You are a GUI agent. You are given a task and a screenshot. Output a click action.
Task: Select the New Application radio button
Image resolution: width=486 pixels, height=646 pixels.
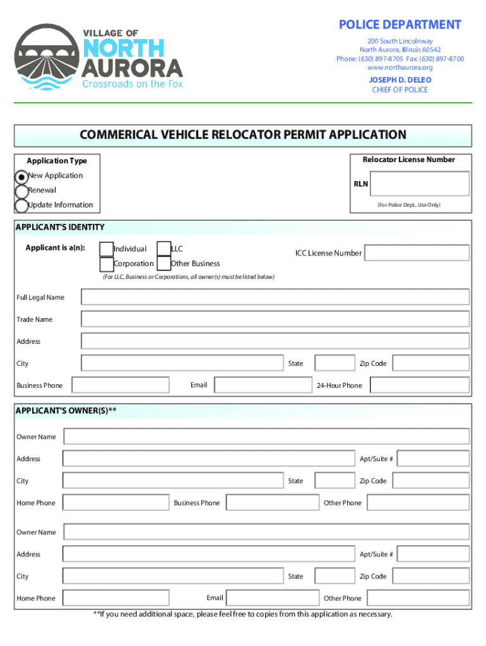coord(21,177)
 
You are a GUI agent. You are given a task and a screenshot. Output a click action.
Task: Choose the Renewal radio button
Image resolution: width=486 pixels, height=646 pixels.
coord(21,191)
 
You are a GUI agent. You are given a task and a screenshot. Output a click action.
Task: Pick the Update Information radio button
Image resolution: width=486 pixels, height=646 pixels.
coord(21,206)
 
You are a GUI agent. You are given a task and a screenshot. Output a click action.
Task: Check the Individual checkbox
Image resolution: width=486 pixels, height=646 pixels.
coord(107,250)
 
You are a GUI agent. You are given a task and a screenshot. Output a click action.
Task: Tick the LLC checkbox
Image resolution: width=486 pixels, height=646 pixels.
coord(163,250)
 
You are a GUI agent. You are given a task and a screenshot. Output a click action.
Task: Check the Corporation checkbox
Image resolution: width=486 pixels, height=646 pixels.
coord(107,264)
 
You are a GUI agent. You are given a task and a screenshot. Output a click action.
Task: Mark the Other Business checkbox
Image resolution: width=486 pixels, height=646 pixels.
coord(163,264)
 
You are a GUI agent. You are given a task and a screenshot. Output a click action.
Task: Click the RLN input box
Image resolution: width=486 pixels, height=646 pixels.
coord(420,184)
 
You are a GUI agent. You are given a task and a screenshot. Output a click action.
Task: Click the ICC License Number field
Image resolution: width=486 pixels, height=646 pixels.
coord(417,253)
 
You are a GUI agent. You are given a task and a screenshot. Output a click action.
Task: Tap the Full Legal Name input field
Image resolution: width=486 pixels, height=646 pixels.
coord(275,297)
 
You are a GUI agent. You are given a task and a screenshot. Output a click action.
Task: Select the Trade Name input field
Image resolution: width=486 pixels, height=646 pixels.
coord(275,319)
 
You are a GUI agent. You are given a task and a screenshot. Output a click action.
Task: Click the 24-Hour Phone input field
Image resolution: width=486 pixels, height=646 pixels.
coord(419,385)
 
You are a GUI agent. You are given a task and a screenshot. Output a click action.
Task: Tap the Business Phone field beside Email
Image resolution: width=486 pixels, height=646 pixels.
coord(121,385)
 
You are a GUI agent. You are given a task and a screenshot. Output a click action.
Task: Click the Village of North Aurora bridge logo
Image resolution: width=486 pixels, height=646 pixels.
coord(45,57)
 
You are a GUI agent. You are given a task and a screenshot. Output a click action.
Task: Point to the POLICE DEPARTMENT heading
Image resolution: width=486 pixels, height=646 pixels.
coord(400,25)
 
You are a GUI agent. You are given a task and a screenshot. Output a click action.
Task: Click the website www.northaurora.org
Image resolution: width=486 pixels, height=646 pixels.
coord(400,68)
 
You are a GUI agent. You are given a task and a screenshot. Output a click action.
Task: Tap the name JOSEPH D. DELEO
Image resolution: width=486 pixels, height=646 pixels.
coord(400,80)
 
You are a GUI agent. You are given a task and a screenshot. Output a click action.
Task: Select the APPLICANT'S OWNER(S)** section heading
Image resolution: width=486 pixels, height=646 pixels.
coord(66,411)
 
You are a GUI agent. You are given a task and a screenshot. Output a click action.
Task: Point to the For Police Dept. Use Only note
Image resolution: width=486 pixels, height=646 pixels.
coord(409,206)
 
